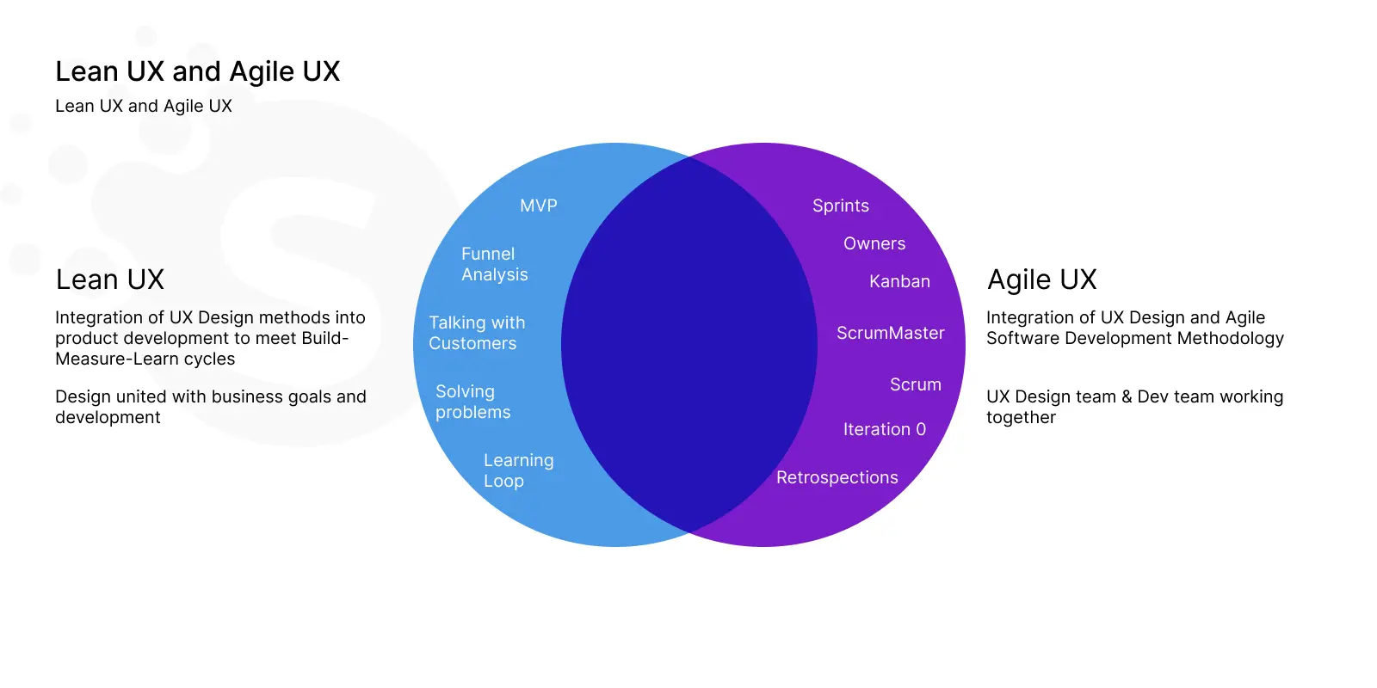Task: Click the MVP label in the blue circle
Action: [539, 206]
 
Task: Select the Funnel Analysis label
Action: [494, 264]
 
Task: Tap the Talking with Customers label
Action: [477, 333]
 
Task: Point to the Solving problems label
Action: [472, 402]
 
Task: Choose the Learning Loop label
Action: [518, 470]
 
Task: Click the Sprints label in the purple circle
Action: [840, 206]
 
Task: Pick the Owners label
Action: [874, 244]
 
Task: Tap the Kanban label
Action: [899, 281]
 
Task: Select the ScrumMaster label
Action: [890, 333]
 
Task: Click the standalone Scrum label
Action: [916, 384]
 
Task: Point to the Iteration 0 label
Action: [884, 429]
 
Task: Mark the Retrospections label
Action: [837, 477]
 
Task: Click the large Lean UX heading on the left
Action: [110, 279]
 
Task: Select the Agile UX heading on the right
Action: [1041, 279]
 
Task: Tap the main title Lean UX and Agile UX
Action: [197, 71]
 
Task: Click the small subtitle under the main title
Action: [144, 106]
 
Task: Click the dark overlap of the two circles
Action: [689, 344]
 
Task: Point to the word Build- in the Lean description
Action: [325, 339]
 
